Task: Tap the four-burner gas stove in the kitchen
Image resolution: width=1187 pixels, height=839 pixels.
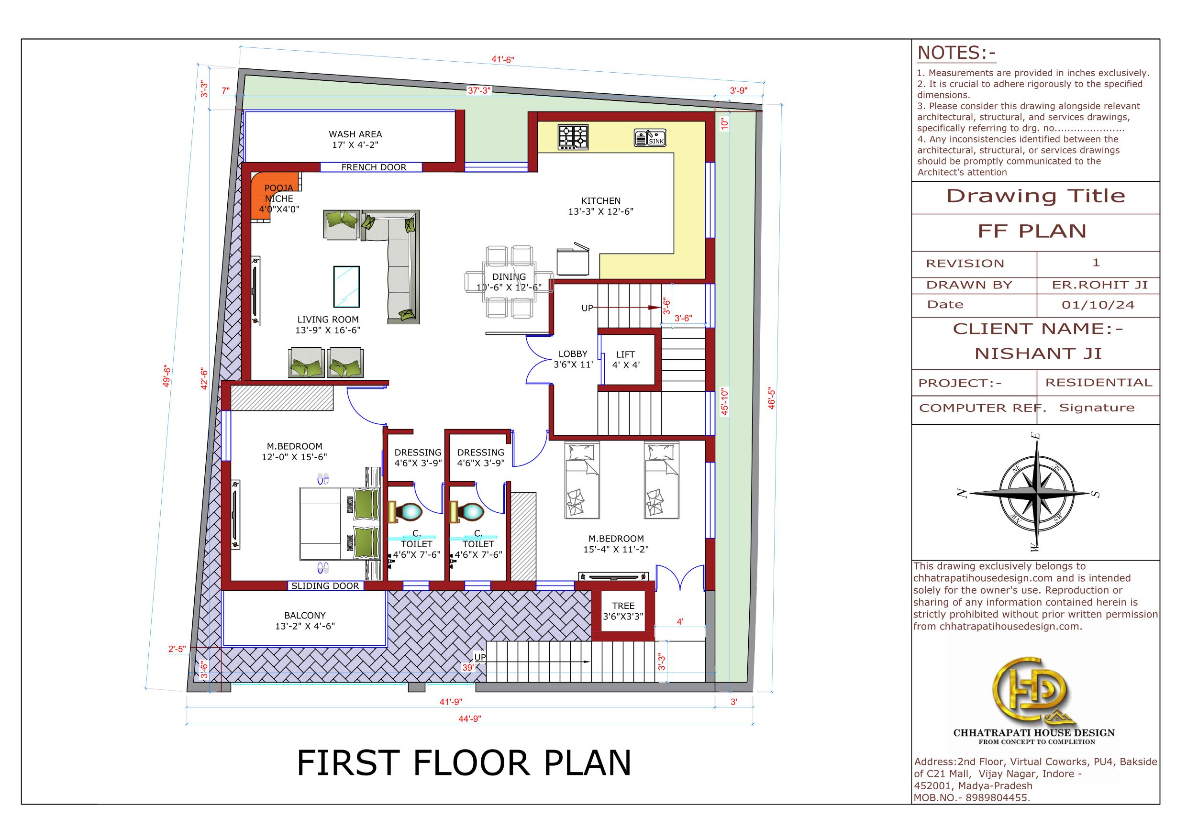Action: [x=573, y=137]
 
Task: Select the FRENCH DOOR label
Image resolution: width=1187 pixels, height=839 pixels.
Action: [x=374, y=167]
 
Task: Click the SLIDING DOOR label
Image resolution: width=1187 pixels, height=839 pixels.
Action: [x=325, y=585]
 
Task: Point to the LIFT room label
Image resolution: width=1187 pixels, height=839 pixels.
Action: [x=625, y=354]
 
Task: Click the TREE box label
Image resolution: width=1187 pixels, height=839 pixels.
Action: [x=623, y=606]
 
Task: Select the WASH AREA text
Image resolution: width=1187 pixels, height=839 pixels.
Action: [x=355, y=134]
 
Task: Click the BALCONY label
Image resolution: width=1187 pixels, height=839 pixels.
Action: [x=305, y=616]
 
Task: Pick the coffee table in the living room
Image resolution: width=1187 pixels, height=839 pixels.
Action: [x=346, y=287]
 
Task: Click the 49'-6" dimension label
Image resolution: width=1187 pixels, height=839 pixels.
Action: [x=166, y=376]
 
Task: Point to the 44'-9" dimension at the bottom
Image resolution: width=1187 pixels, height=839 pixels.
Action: [x=469, y=718]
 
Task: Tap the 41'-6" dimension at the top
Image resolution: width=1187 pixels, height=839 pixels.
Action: [x=502, y=59]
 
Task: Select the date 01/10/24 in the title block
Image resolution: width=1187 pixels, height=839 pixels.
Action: [x=1098, y=305]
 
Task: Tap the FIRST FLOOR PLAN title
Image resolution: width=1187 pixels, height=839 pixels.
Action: [x=464, y=763]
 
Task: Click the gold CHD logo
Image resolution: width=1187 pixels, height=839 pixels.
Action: [x=1033, y=690]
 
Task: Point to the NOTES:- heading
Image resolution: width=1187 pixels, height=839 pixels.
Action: [x=956, y=53]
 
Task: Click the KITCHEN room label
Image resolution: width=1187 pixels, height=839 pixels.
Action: [x=601, y=200]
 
